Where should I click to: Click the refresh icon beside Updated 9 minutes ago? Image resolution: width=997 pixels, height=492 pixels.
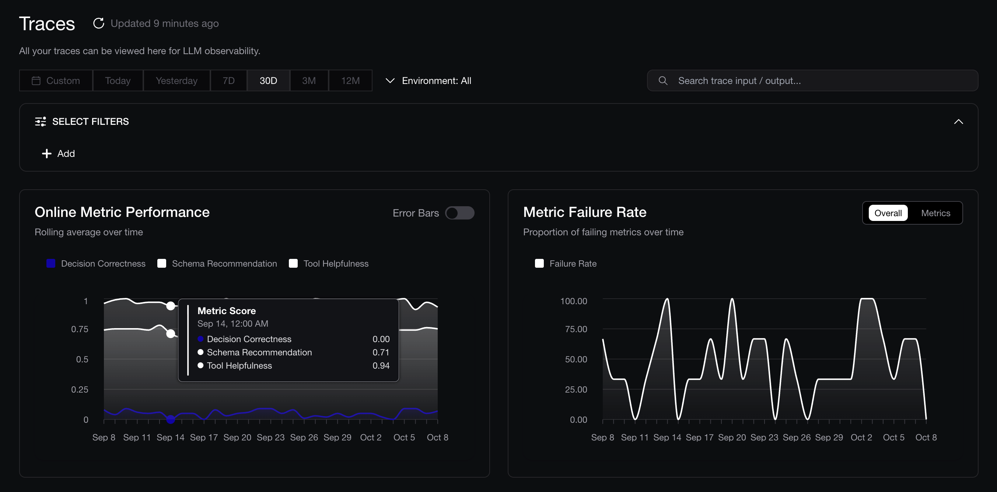pos(99,23)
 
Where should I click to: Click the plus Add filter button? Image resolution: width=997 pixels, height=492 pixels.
pos(59,154)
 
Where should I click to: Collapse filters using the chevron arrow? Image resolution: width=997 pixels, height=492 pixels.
pos(958,122)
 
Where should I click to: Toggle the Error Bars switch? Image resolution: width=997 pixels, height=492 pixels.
pos(459,213)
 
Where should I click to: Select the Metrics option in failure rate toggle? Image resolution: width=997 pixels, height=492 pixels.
pos(935,213)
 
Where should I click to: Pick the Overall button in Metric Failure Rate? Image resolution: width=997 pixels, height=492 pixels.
pos(888,213)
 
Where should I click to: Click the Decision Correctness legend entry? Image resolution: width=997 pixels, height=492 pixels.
pos(96,263)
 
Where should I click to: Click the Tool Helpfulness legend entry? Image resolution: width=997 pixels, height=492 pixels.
pos(329,263)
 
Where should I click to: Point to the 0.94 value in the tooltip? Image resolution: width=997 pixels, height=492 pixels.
pos(381,366)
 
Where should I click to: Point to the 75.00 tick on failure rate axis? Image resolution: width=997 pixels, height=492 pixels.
pos(576,329)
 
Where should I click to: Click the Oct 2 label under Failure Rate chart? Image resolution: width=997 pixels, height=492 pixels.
pos(861,437)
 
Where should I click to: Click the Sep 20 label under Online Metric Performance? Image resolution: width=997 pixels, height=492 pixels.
pos(237,437)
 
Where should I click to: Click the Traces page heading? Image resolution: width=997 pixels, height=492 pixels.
pos(47,24)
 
